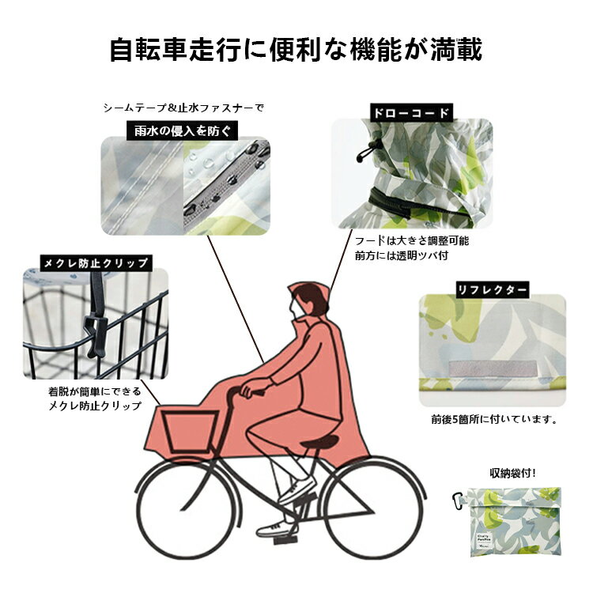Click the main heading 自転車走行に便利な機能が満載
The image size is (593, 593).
(x=296, y=49)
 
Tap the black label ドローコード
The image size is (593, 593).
(x=411, y=113)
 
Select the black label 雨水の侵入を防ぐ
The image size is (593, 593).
(x=182, y=130)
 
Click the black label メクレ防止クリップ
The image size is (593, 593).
(x=96, y=263)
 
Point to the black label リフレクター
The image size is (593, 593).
(x=492, y=290)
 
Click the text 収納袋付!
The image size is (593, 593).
(x=512, y=473)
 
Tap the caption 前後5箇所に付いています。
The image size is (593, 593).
(x=495, y=419)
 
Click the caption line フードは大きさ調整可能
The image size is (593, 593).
(x=412, y=240)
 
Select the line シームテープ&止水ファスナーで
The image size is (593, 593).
(x=183, y=108)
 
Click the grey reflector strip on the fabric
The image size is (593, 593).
(x=493, y=368)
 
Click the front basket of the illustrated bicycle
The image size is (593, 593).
(x=190, y=432)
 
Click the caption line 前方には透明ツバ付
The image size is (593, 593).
(x=401, y=255)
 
